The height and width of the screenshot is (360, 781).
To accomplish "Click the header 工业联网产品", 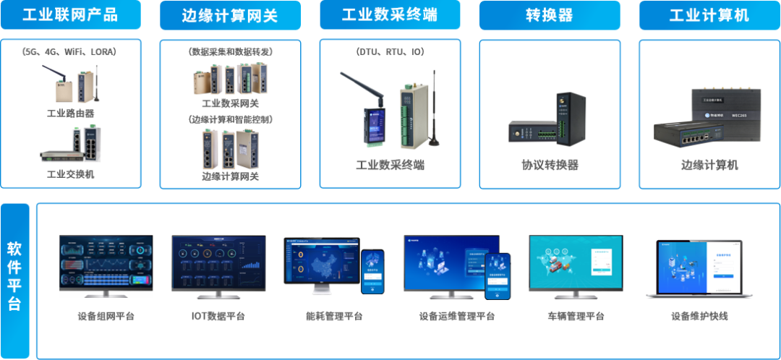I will tap(70, 15).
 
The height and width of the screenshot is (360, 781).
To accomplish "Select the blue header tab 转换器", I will tap(550, 15).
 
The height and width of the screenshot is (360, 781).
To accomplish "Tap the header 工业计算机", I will tap(709, 15).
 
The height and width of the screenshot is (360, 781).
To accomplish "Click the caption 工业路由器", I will tap(70, 113).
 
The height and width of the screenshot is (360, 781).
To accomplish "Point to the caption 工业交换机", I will tap(70, 174).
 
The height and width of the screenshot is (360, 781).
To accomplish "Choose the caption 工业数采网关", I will tap(230, 103).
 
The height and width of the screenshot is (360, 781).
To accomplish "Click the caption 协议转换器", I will tap(550, 165).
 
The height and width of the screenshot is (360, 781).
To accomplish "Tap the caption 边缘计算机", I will tap(709, 165).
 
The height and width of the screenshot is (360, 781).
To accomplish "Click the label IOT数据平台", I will tap(218, 316).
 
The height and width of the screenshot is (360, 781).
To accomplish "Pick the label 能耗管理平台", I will tap(333, 316).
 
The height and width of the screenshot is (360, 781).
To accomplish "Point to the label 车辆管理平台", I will tap(575, 316).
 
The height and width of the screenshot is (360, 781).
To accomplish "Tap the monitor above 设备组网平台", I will tap(106, 266).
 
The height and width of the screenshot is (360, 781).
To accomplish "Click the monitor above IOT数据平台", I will tap(218, 266).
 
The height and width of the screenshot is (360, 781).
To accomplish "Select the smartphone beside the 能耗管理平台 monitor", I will tap(372, 271).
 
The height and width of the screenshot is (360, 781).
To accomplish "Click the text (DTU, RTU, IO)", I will tap(390, 52).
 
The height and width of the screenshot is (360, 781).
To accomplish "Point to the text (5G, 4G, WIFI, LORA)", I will tap(70, 52).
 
